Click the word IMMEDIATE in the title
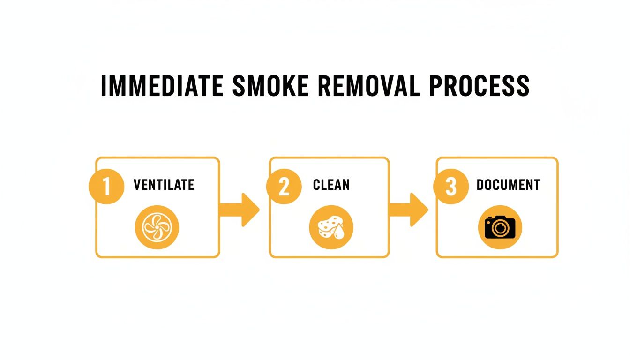(x=162, y=86)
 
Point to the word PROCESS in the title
(x=484, y=86)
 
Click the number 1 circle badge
(x=106, y=187)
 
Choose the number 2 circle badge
(x=284, y=187)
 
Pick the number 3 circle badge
(x=450, y=187)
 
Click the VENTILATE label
(x=164, y=185)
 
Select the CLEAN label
(x=331, y=185)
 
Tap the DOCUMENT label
(x=508, y=185)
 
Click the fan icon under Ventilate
(x=157, y=228)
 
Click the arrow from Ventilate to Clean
(x=240, y=209)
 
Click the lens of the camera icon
(x=501, y=229)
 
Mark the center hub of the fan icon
(x=157, y=228)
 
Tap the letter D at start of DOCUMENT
(x=480, y=185)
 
